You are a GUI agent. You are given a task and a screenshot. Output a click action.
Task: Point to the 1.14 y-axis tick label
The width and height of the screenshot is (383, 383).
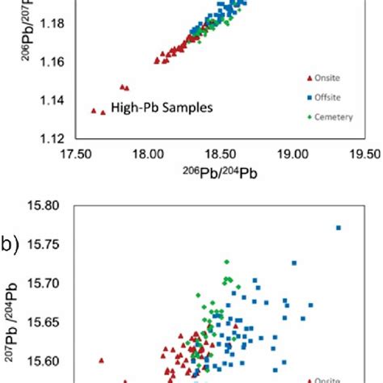[x=50, y=100]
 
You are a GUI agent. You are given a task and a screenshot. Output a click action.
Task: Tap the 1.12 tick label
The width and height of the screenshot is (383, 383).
[x=50, y=138]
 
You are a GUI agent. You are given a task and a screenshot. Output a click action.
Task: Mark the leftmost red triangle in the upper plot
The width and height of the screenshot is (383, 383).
[x=93, y=110]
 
